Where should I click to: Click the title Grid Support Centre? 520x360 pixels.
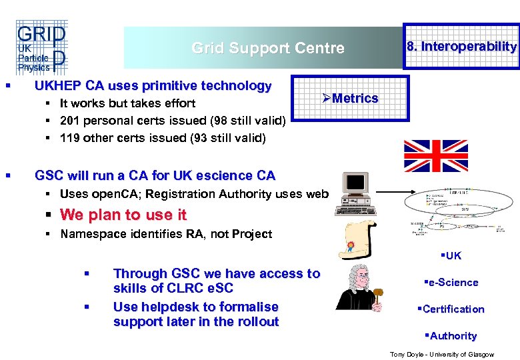coord(268,48)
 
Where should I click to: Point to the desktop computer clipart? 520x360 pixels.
coord(355,194)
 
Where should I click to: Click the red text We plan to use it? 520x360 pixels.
coord(123,215)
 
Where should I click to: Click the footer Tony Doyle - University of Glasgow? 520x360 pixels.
coord(441,354)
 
